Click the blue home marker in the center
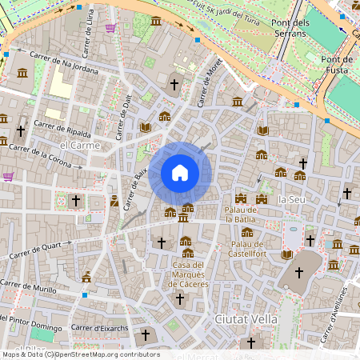click(x=180, y=173)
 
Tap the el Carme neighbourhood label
click(x=80, y=146)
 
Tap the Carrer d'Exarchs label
click(x=99, y=326)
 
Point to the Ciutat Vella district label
click(x=246, y=318)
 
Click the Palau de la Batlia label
click(x=239, y=214)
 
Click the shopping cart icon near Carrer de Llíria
click(x=110, y=28)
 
